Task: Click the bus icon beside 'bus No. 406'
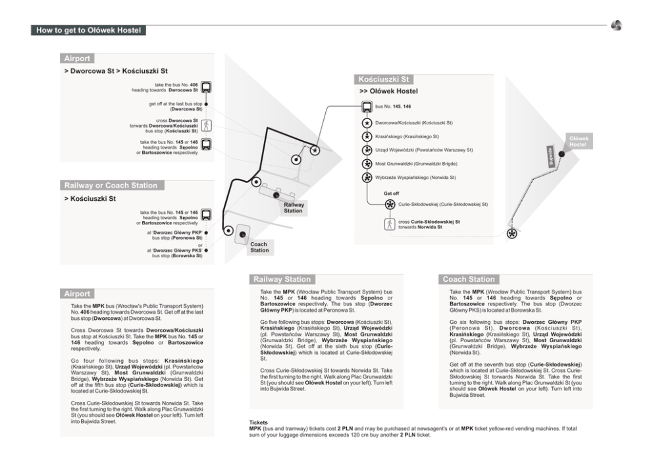206,87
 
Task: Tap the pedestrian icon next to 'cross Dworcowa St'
206,125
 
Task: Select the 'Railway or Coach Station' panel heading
111,186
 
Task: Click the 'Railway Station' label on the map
294,208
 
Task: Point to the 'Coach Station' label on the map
259,247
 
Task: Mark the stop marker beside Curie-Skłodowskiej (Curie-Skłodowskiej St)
390,205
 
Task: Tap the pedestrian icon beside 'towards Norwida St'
390,224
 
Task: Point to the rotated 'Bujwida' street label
552,157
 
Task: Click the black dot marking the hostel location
562,153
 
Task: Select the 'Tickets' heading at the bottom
259,423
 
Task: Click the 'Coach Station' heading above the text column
468,279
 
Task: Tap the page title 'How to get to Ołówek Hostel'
88,30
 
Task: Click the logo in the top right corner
616,26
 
